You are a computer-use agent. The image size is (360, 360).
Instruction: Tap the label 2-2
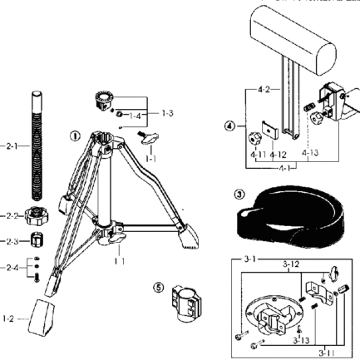(x=9, y=215)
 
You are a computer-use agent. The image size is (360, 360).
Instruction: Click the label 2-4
(x=9, y=269)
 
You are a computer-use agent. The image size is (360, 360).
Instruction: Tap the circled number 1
(x=74, y=135)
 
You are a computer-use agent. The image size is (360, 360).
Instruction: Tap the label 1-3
(x=167, y=111)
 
